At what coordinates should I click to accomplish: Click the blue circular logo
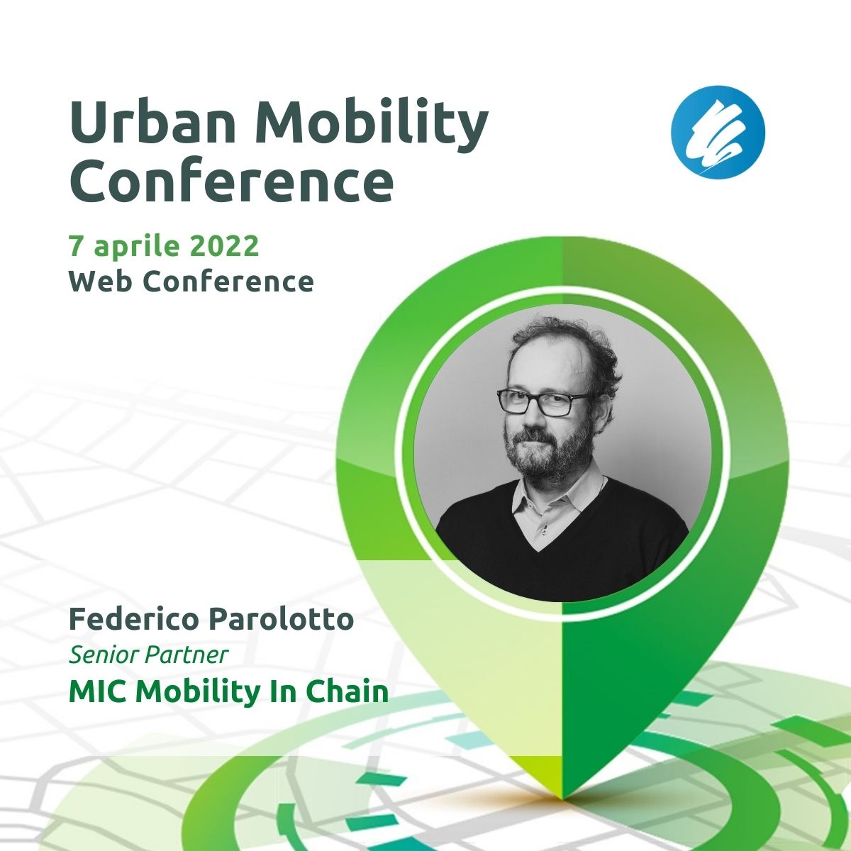pyautogui.click(x=718, y=133)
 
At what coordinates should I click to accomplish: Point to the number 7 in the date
pyautogui.click(x=75, y=246)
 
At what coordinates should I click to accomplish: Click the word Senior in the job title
pyautogui.click(x=104, y=655)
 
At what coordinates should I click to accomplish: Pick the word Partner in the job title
pyautogui.click(x=187, y=655)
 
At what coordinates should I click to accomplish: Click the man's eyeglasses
pyautogui.click(x=543, y=401)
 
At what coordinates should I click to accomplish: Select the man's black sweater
pyautogui.click(x=561, y=547)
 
